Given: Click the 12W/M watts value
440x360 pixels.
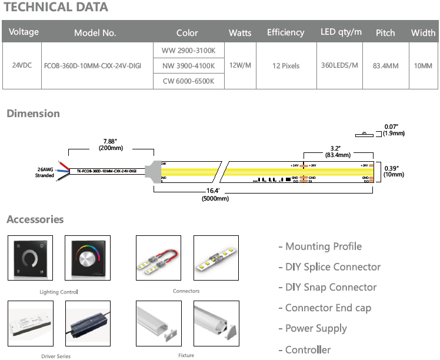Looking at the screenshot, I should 240,66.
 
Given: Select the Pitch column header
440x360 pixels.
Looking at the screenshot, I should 385,33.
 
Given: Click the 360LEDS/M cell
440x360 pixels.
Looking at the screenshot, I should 338,66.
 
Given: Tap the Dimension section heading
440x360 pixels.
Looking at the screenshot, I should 33,114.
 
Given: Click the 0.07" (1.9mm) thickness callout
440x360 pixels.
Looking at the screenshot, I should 394,130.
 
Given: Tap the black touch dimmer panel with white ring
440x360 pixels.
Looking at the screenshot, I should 30,258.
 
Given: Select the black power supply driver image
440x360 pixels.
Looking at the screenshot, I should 88,324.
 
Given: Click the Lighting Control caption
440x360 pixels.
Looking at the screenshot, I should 59,292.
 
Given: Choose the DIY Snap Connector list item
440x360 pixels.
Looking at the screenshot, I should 327,287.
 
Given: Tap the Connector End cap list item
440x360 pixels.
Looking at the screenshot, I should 328,308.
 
